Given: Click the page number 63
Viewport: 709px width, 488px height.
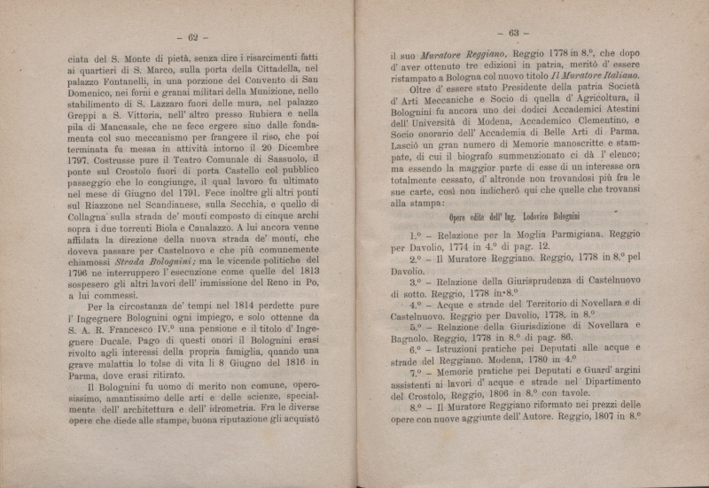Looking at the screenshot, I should (x=512, y=33).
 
